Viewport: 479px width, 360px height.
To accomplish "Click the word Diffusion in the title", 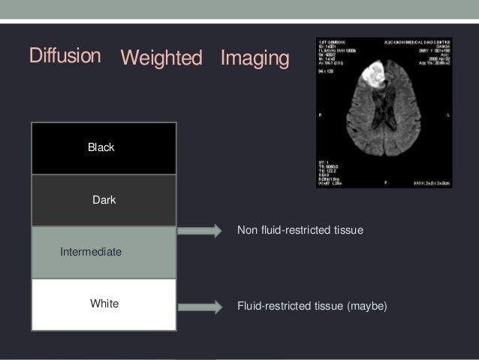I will coord(65,56).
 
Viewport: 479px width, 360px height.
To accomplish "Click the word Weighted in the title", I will coord(161,58).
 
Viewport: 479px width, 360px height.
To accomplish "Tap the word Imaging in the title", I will coord(255,58).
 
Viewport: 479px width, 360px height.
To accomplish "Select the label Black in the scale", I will coord(101,147).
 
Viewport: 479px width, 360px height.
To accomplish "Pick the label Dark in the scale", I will coord(104,201).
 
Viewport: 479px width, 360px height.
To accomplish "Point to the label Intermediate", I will coord(90,253).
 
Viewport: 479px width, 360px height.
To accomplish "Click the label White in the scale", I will coord(104,304).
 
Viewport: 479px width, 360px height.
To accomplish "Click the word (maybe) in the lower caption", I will coord(366,306).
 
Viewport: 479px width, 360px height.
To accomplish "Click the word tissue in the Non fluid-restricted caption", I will coord(348,229).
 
